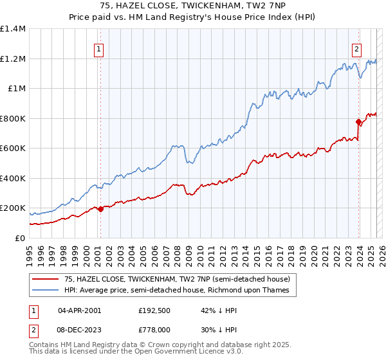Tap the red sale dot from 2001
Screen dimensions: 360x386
[x=100, y=209]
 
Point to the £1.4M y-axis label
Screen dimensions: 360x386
[x=13, y=29]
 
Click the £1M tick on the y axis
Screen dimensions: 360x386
[x=17, y=89]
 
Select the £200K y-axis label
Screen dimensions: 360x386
[x=13, y=208]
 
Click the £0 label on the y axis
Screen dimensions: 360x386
[x=20, y=238]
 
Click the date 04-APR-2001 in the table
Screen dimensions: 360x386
[x=80, y=310]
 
